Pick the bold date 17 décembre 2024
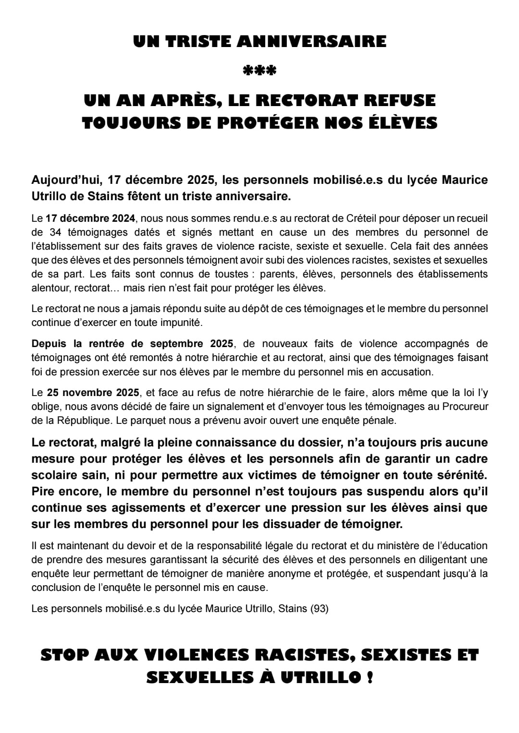(91, 218)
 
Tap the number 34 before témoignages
(57, 232)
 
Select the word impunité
(178, 322)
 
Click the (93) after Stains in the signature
(320, 609)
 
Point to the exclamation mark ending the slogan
(369, 678)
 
